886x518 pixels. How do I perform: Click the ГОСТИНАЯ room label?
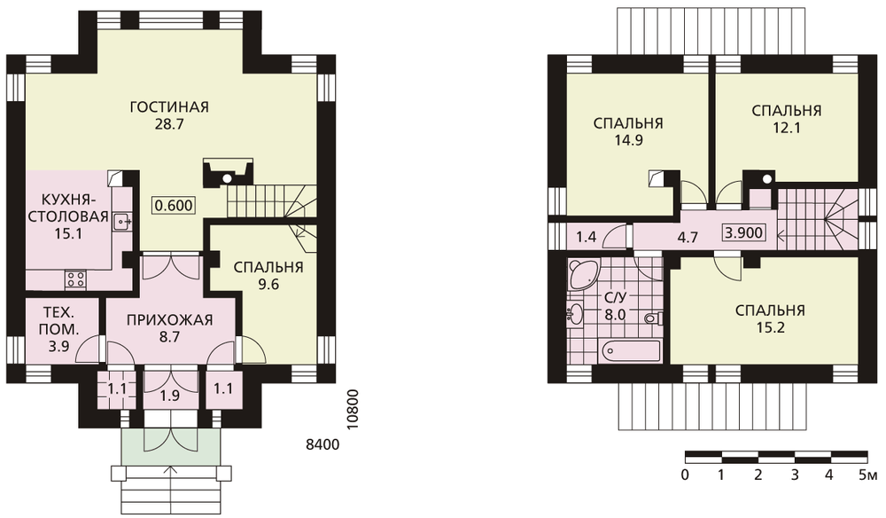169,106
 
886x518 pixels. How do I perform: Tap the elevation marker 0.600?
174,205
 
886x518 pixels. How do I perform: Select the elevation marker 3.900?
744,232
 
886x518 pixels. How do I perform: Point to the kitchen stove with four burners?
76,279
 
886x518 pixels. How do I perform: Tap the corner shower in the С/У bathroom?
582,274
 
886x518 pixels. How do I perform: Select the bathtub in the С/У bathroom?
631,350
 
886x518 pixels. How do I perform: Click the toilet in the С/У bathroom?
653,318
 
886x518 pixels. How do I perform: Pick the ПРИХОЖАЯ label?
169,320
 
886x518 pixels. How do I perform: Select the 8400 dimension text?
323,445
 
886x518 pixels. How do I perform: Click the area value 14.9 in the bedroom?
628,140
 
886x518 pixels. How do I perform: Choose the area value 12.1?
787,128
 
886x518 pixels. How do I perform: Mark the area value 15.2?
770,328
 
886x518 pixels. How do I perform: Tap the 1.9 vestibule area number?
169,396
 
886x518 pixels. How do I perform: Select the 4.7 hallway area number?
688,237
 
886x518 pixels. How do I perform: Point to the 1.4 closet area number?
586,236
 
